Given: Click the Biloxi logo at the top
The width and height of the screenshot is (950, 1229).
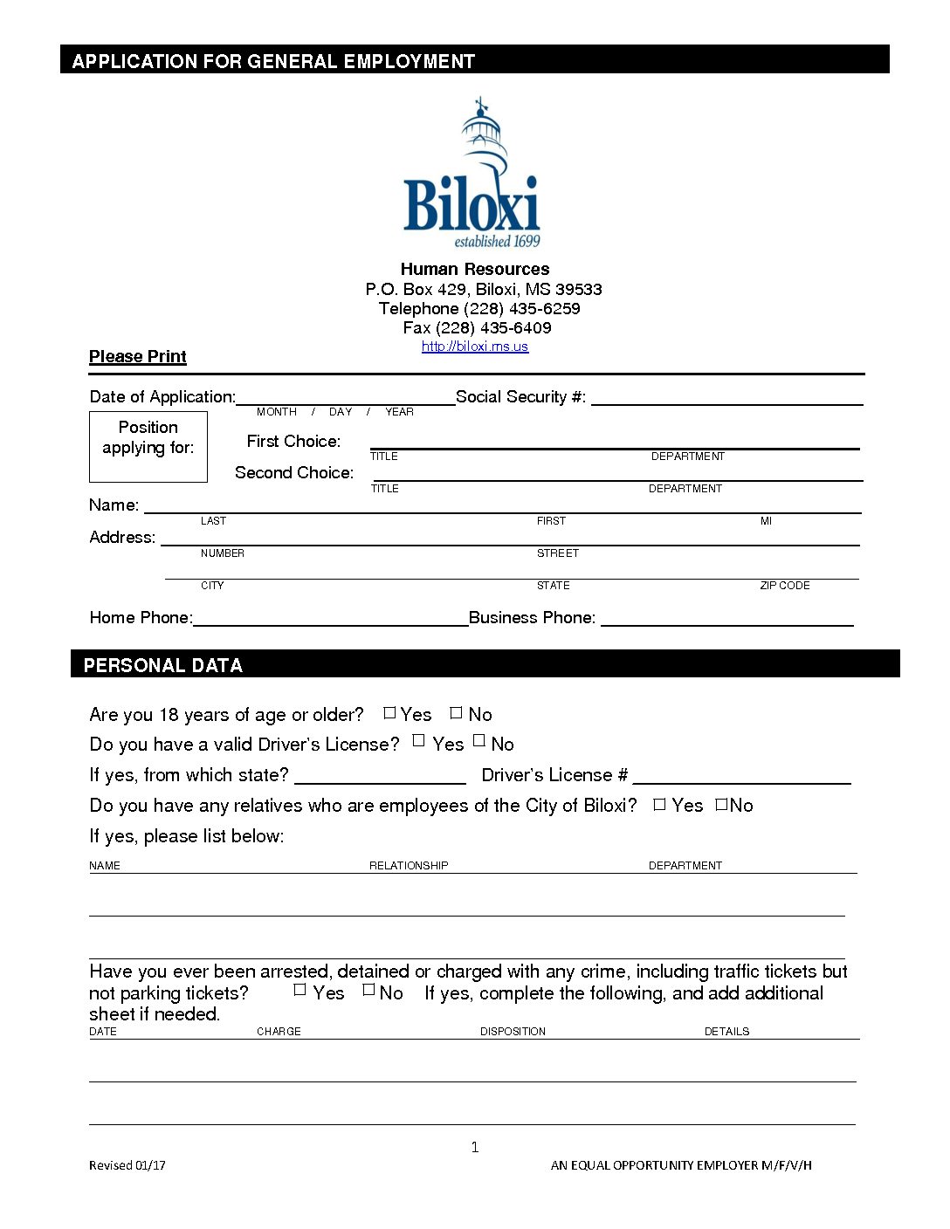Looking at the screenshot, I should [472, 175].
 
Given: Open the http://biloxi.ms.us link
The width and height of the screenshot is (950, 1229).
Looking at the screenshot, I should [474, 347].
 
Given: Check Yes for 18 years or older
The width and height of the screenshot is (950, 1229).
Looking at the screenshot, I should [389, 713].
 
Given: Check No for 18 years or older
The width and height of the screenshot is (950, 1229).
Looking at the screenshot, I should [456, 713].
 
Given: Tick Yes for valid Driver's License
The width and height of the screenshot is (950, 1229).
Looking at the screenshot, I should [419, 741].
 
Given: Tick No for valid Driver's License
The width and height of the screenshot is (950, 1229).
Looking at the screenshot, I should [479, 741].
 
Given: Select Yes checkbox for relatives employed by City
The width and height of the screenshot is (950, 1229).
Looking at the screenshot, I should [660, 804].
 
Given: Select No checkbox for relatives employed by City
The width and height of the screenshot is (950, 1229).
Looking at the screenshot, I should [721, 804].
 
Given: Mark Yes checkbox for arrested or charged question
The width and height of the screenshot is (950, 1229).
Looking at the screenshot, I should [300, 990].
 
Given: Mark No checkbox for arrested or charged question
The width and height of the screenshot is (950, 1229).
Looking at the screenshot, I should [368, 990].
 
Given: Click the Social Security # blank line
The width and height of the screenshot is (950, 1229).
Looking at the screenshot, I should [726, 398].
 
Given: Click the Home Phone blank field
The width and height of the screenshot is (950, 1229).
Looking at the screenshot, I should [330, 618].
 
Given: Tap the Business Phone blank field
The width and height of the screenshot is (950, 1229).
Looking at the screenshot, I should [726, 618].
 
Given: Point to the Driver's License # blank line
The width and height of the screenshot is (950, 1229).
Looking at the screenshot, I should [741, 776].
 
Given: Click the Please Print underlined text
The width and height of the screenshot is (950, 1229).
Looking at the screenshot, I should [138, 356].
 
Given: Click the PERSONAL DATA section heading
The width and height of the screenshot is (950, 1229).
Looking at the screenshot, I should [163, 665].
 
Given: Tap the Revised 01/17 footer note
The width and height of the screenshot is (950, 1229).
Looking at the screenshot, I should [127, 1165].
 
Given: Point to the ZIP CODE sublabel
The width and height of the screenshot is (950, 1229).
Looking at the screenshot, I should [784, 586].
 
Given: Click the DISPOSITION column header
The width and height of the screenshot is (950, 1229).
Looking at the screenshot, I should [513, 1032].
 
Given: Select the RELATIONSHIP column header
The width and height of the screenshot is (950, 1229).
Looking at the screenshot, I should [409, 866].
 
